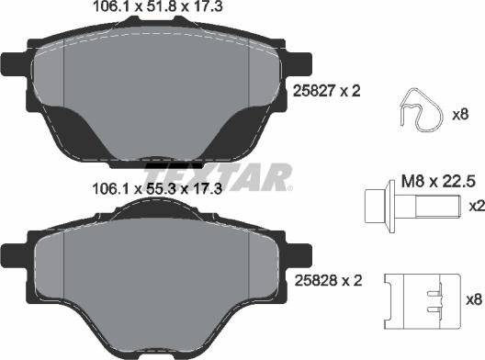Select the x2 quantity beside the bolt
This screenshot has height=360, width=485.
[x=475, y=207]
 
